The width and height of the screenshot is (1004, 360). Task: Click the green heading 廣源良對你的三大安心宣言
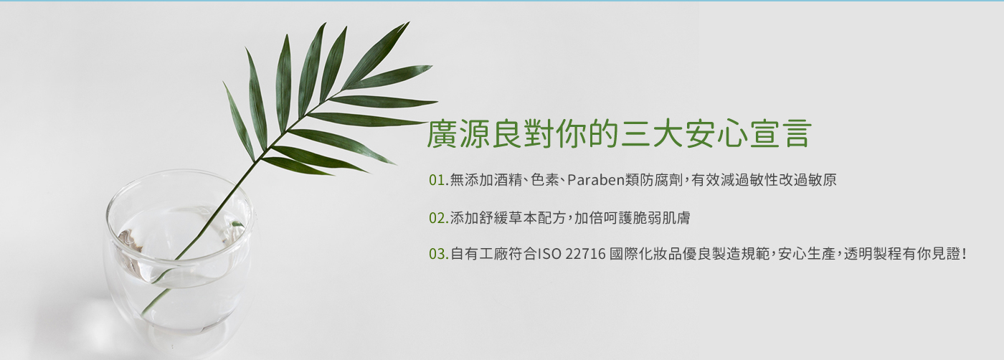[x=619, y=133]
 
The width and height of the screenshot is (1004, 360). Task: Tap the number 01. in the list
[x=439, y=180]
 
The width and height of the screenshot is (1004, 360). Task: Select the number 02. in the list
[x=439, y=218]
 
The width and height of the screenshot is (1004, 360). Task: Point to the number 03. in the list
[x=439, y=254]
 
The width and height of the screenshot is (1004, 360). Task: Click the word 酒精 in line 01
[x=508, y=180]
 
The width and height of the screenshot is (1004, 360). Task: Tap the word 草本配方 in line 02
[x=538, y=218]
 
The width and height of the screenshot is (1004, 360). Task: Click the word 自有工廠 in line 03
[x=479, y=254]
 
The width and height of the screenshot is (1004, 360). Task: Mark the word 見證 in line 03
[x=946, y=254]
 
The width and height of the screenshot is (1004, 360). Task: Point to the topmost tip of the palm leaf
[x=408, y=22]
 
